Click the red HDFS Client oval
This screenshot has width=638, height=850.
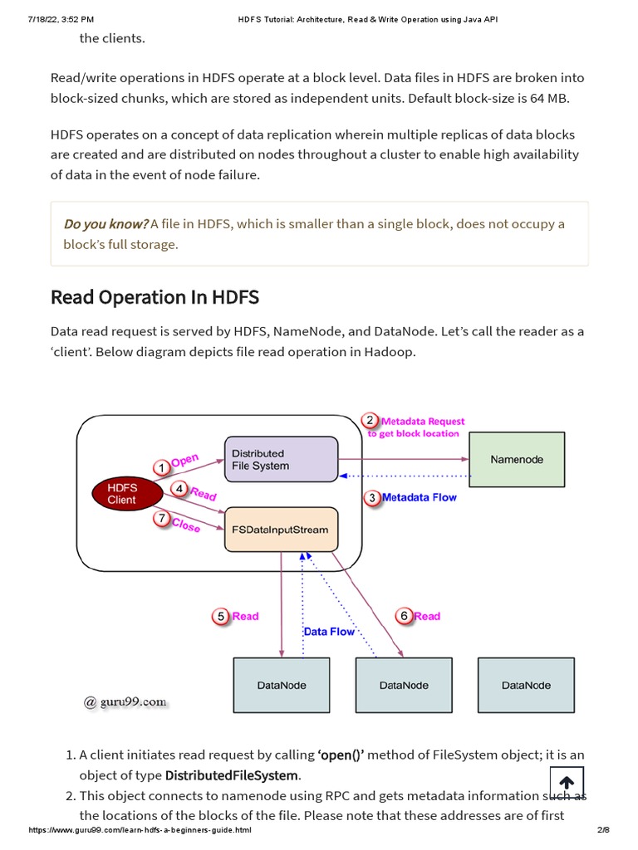point(127,494)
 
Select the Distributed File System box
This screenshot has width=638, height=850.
point(281,459)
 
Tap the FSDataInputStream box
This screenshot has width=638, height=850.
point(281,530)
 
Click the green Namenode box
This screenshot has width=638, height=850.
point(517,460)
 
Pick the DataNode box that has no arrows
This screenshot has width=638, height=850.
point(526,685)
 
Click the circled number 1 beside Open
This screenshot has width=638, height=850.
point(161,467)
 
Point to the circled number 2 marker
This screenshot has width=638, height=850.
point(370,421)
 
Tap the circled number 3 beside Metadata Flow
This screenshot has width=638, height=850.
point(372,498)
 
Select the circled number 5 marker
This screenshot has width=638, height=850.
point(220,617)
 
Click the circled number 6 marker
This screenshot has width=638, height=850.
point(404,617)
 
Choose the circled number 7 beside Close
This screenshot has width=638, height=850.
point(161,518)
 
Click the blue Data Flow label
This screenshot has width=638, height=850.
point(329,632)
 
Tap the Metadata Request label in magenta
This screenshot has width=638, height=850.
point(423,421)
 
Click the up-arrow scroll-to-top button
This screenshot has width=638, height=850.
point(567,783)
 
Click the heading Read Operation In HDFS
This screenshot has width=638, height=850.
point(155,297)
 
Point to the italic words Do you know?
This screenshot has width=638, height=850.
point(106,224)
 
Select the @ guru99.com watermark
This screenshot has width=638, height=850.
point(125,702)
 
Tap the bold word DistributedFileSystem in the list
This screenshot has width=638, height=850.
point(232,775)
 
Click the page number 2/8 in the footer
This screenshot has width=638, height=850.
point(603,830)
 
